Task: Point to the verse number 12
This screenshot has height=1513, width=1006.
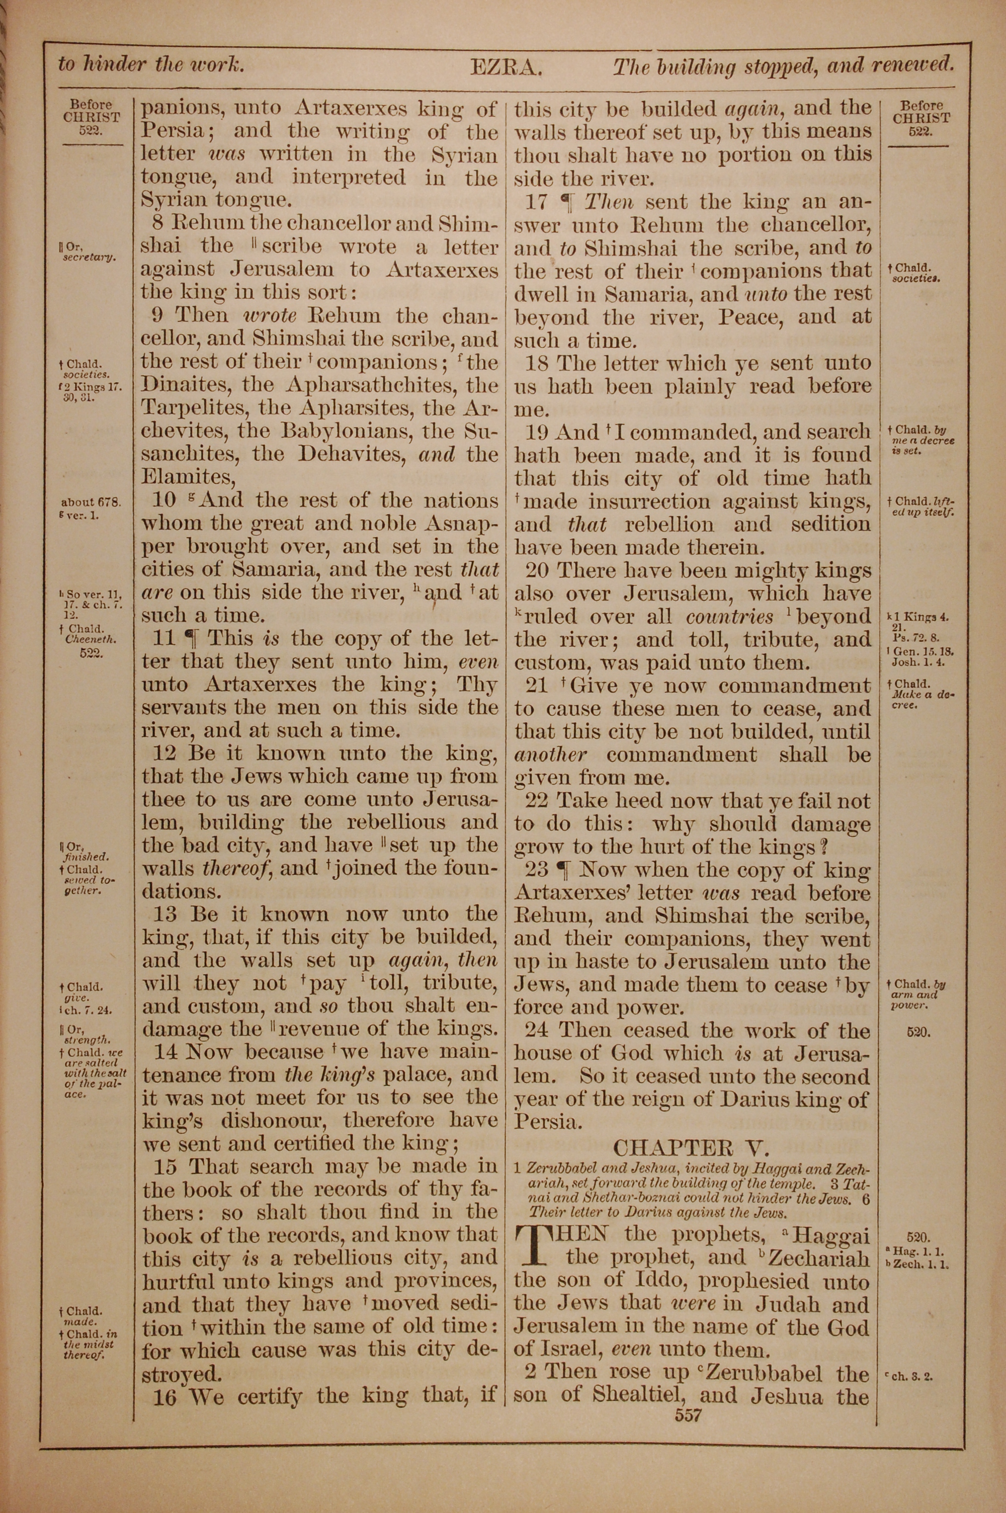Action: coord(167,753)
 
